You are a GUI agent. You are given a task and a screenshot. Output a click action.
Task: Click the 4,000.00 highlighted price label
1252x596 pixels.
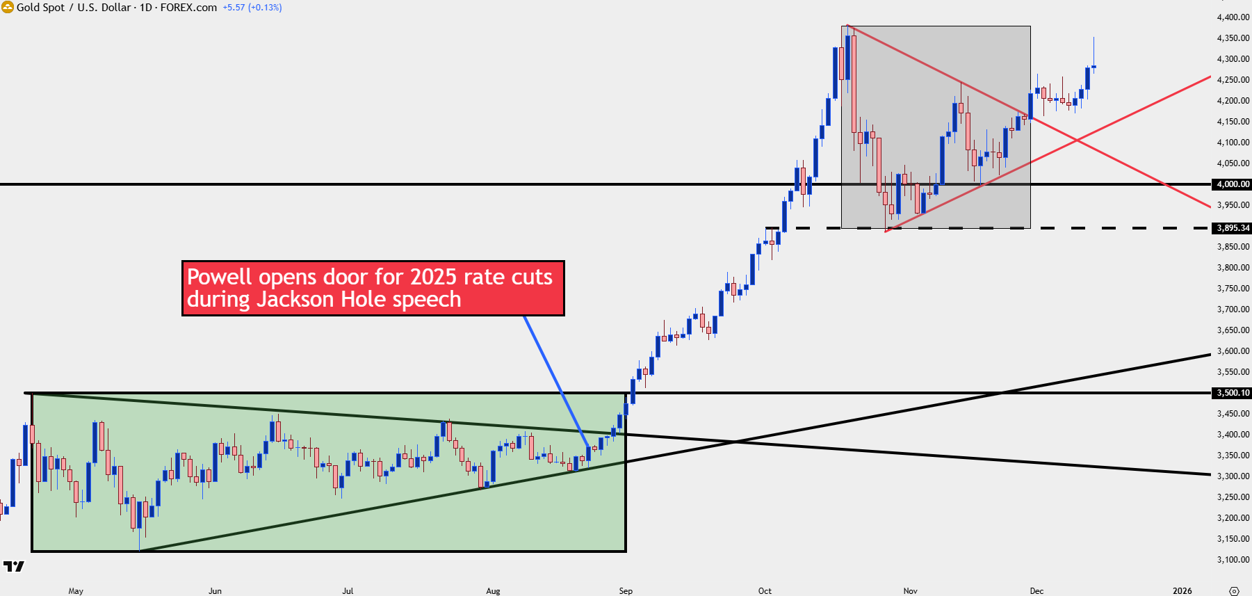1233,184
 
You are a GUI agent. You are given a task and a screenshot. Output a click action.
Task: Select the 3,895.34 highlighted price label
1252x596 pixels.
1233,228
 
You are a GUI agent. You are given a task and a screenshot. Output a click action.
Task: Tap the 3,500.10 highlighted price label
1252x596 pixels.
1233,393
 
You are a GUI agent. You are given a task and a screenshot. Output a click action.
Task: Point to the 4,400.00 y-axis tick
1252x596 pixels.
1233,17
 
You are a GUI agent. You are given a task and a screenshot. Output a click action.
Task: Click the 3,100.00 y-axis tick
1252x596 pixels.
1233,560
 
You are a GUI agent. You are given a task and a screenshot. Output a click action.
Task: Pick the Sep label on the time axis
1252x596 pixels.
626,591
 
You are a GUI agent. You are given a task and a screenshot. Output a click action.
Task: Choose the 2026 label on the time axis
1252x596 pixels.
1182,591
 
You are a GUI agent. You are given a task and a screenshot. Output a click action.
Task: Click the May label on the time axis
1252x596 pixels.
76,591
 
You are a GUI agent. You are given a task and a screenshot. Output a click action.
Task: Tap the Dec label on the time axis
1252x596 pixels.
1036,591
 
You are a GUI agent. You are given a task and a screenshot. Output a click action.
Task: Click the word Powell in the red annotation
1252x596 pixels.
220,277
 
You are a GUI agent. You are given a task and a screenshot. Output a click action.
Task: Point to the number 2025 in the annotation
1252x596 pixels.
434,277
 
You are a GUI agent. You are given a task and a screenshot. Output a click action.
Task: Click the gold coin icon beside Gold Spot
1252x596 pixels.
8,7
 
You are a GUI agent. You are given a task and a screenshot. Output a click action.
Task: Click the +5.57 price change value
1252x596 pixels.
234,8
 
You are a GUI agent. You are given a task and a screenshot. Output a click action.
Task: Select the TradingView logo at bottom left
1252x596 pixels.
14,566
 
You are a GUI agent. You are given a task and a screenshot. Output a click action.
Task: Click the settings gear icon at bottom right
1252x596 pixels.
1234,591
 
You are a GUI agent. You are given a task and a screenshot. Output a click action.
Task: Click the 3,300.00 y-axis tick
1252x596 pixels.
1233,476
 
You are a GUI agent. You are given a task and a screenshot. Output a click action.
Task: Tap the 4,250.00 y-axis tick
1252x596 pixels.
1233,80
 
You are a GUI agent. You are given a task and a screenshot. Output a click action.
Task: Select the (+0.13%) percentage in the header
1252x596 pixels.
265,8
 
